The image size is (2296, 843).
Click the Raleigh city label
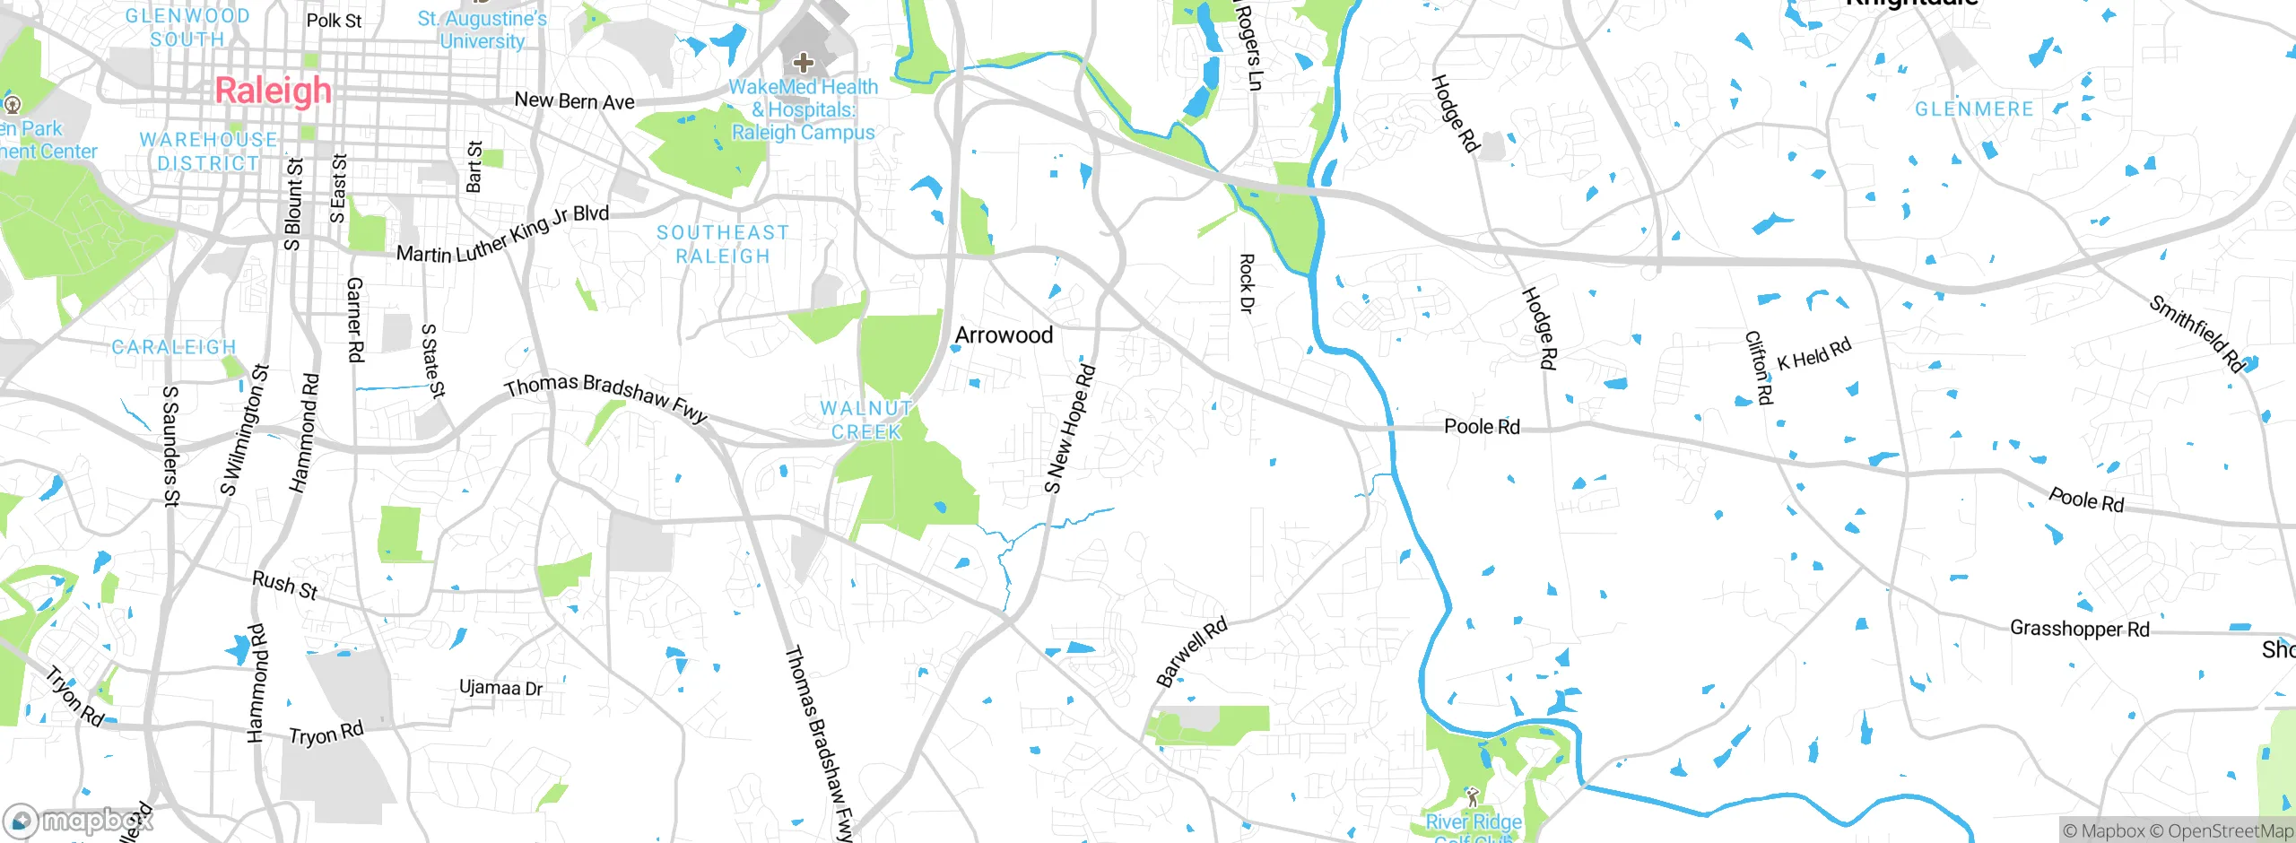coord(274,91)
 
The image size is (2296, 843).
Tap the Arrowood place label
coord(1004,335)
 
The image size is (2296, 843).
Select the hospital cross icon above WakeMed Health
coord(804,63)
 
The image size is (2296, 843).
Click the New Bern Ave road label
coord(574,101)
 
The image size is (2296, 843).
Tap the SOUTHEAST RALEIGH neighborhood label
coord(723,245)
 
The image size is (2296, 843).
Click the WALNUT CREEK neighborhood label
coord(865,420)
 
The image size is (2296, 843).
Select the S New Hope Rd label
coord(1070,429)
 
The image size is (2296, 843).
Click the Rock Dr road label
coord(1246,283)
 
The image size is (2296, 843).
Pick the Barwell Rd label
coord(1191,652)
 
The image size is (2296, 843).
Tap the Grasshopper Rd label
coord(2079,629)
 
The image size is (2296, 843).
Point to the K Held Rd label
coord(1813,354)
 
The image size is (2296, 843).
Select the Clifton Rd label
coord(1759,368)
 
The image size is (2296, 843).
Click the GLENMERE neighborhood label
coord(1974,109)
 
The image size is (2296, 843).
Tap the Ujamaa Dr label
coord(500,688)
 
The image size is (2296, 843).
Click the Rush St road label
coord(285,585)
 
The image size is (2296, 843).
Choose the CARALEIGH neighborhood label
coord(174,347)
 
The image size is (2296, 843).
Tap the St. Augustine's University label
coord(482,30)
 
